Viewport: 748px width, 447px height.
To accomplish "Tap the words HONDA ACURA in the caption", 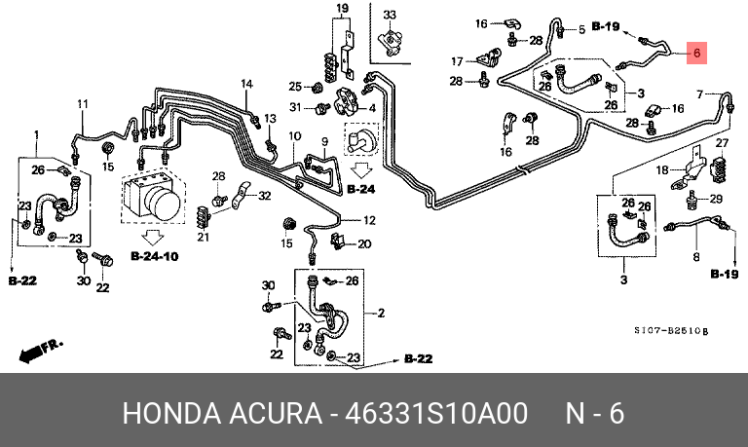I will click(x=221, y=413).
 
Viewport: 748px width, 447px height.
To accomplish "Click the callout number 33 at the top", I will click(x=390, y=16).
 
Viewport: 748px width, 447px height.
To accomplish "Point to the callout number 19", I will click(x=342, y=9).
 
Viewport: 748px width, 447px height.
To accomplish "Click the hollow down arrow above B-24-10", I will click(x=153, y=237).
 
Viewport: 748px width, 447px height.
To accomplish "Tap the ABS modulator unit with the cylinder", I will click(x=154, y=196).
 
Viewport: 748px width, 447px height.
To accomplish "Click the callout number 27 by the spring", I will click(x=722, y=143).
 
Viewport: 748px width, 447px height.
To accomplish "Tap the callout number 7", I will click(x=699, y=93).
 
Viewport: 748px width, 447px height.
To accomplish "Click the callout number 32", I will click(x=264, y=197).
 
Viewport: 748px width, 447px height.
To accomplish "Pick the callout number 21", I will click(x=204, y=238).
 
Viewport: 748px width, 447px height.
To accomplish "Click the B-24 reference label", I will click(x=359, y=189).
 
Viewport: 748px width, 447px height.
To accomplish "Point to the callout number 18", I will click(x=662, y=171).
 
